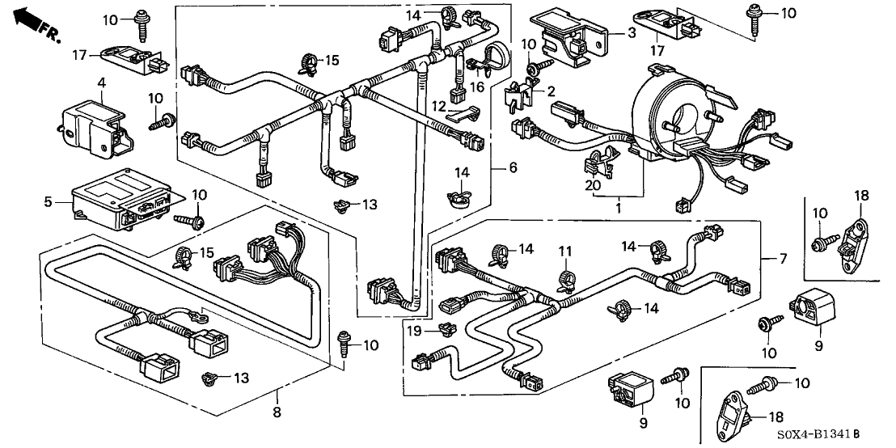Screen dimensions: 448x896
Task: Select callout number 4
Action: point(102,82)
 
